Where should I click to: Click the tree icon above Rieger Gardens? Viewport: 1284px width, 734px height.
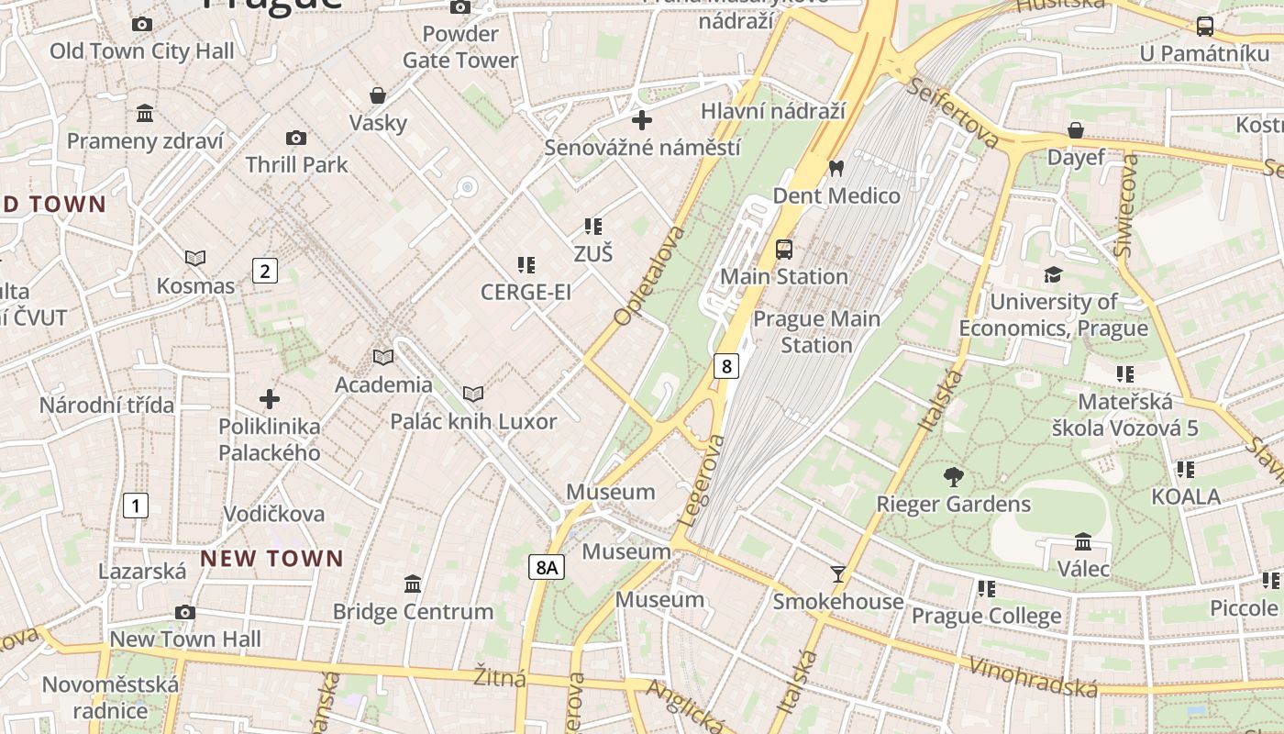(954, 476)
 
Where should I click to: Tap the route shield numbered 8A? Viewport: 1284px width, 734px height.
(547, 568)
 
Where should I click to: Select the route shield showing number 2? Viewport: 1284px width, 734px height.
(265, 271)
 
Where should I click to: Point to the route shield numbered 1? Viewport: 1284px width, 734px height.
(136, 505)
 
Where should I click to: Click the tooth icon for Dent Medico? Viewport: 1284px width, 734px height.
(836, 168)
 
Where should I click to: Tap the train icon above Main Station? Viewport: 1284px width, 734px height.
(784, 249)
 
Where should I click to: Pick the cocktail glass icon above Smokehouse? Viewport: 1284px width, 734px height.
(838, 574)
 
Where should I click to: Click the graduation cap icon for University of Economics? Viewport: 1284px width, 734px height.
(1053, 274)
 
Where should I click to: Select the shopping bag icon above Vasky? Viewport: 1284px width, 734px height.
(378, 95)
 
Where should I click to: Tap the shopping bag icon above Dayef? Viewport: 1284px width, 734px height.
(1076, 130)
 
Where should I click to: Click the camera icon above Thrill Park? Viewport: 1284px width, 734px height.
(296, 138)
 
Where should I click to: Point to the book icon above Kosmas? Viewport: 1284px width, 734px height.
(195, 259)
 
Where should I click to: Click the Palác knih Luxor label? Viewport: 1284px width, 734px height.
(473, 421)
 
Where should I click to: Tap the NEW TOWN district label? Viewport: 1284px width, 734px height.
(271, 558)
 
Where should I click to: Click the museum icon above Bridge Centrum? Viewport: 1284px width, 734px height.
(413, 584)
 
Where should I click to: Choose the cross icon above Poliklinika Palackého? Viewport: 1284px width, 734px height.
(270, 399)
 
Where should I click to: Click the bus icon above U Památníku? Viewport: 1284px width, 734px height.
(1205, 27)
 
